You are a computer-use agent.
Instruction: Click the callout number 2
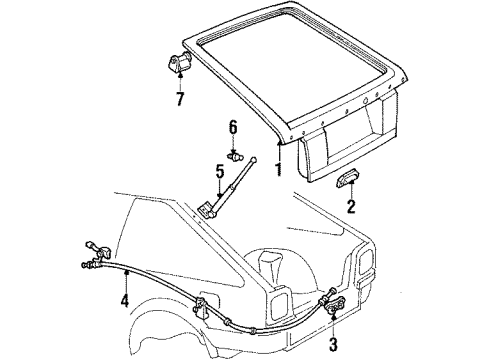pos(351,208)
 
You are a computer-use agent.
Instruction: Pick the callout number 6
pos(232,128)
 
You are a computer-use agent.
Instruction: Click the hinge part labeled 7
pos(177,65)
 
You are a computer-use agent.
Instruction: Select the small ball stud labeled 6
pos(236,156)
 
